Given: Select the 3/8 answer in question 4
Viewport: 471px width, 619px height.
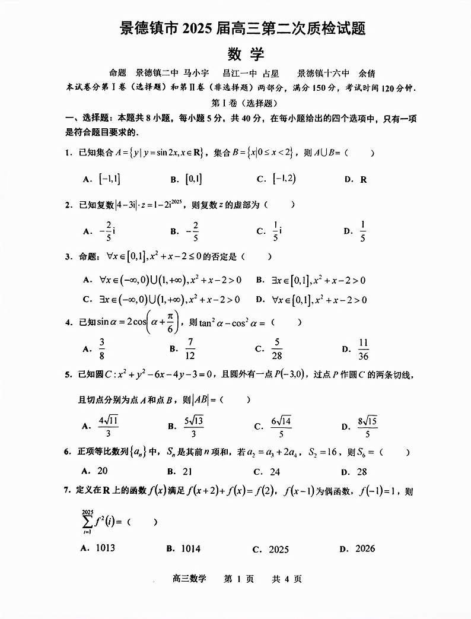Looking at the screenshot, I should [x=102, y=349].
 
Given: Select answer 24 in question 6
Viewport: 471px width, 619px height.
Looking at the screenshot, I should [x=275, y=472].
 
